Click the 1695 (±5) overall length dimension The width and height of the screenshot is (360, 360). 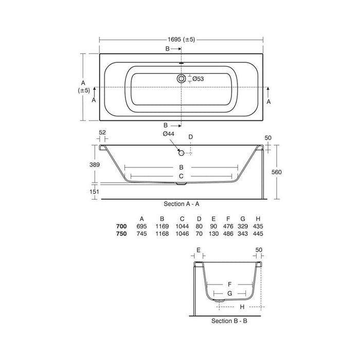tap(181, 40)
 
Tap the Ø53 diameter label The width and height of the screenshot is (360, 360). tap(198, 79)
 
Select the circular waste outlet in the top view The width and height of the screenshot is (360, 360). tap(182, 79)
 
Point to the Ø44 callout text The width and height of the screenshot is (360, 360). tap(169, 134)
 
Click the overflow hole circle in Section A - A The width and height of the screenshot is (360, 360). tap(182, 153)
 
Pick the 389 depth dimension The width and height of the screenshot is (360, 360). tap(94, 165)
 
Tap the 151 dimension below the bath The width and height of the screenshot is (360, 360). tap(94, 191)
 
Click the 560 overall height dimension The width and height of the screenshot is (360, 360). tap(277, 172)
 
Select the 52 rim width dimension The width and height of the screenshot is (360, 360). tap(102, 133)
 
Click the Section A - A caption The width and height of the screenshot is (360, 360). tap(182, 204)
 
